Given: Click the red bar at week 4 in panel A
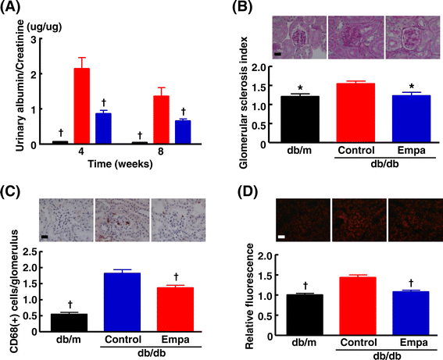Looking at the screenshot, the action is [82, 106].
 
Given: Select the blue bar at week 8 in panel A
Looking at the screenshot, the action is [183, 132].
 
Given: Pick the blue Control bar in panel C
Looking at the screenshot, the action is [123, 302].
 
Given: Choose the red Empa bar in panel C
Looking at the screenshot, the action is [176, 309].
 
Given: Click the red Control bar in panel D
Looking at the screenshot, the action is [358, 306].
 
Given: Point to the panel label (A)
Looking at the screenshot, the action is [10, 7].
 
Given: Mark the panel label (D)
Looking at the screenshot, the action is [248, 192].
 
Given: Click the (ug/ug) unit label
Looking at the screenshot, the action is [45, 27].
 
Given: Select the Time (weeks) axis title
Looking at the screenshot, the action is [120, 164].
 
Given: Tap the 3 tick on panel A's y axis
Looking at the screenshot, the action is [34, 40].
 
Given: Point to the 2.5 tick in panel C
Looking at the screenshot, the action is [30, 251].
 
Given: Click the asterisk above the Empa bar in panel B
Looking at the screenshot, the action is [412, 87].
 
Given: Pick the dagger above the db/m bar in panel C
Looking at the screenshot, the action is [70, 305].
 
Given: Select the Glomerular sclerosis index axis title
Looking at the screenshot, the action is [243, 103].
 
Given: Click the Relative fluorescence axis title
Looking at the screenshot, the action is [250, 297].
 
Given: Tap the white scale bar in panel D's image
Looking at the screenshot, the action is [281, 237].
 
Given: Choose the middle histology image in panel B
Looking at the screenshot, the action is [356, 37].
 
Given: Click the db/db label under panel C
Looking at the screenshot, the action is [152, 354].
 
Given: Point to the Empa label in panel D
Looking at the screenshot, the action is [414, 343].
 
